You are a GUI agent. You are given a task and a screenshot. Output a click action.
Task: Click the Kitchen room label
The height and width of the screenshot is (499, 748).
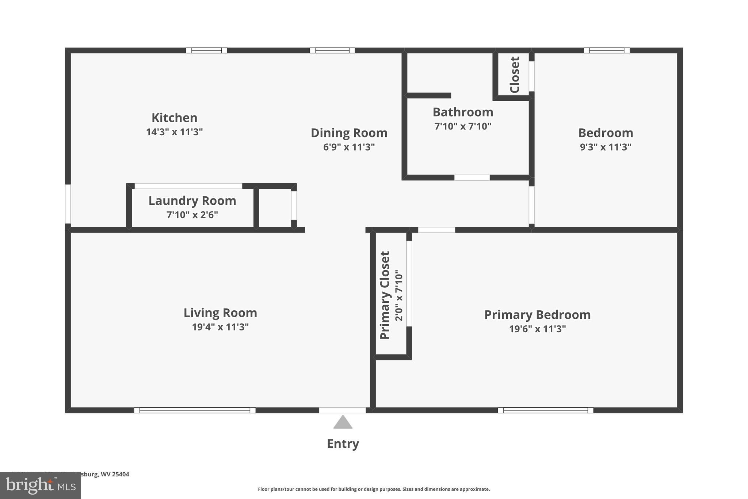[x=174, y=118]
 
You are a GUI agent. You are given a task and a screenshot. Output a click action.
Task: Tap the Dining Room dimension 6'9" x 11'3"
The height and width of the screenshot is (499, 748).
[x=349, y=147]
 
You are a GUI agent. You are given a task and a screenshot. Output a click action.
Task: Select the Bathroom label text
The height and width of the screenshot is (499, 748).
[x=462, y=112]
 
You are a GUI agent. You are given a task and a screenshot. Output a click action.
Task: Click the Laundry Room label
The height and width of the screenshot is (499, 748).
[x=192, y=201]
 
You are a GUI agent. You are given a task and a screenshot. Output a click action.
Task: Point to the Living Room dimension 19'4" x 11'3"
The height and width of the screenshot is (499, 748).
[x=220, y=327]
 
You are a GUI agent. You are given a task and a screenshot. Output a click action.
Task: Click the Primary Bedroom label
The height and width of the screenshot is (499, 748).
[x=537, y=315]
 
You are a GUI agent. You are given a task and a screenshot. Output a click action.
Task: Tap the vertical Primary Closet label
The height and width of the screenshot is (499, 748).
[x=385, y=295]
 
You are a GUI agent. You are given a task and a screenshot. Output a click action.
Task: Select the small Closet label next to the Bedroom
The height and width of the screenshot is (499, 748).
[x=514, y=75]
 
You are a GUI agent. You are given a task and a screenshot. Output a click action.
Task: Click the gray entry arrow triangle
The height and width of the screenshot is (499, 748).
[x=343, y=423]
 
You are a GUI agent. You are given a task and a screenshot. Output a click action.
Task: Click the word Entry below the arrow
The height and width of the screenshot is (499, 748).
[x=343, y=443]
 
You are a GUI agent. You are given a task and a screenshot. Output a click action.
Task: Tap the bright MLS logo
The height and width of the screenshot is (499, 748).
[x=40, y=486]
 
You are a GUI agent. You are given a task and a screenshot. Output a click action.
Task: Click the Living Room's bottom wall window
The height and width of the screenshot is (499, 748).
[x=195, y=410]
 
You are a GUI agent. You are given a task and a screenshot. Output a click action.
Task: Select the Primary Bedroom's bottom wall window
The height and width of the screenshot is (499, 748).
[x=545, y=410]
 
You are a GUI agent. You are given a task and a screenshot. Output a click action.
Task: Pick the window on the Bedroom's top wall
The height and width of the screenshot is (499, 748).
[x=606, y=50]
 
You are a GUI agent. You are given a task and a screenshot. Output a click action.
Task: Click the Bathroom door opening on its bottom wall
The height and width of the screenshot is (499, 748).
[x=472, y=178]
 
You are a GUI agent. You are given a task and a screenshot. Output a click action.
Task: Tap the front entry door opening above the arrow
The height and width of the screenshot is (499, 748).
[x=342, y=410]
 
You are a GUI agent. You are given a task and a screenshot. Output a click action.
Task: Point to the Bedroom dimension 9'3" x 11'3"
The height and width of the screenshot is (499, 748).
[x=605, y=147]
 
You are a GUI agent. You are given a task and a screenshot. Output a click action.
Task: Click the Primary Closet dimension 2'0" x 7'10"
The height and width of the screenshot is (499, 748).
[x=399, y=295]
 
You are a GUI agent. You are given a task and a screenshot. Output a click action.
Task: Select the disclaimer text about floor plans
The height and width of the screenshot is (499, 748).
[x=374, y=489]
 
